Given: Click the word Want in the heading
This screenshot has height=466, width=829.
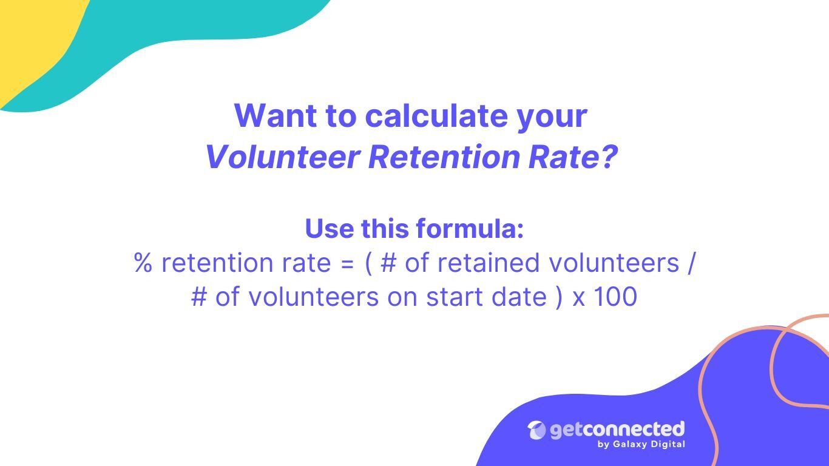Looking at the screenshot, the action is click(x=276, y=115).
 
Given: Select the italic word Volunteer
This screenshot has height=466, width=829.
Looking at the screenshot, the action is click(x=283, y=157).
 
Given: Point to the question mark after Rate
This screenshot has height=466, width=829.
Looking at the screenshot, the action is click(x=609, y=157).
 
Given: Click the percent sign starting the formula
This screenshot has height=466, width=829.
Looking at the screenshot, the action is click(x=143, y=262).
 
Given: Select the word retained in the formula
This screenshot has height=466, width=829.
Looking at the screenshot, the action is click(x=489, y=262).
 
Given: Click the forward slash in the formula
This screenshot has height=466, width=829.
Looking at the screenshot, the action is click(x=691, y=263).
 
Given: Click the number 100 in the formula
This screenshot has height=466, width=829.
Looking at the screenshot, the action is click(x=615, y=297).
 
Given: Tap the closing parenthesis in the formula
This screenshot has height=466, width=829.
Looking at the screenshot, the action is click(x=559, y=297).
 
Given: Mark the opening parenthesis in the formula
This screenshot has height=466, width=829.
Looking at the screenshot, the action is click(x=368, y=263).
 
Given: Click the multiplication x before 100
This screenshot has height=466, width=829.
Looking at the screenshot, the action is click(x=579, y=300).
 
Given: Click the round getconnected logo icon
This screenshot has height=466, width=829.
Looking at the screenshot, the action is click(x=536, y=430).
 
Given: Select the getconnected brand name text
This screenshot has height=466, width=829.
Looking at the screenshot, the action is click(x=617, y=430).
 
